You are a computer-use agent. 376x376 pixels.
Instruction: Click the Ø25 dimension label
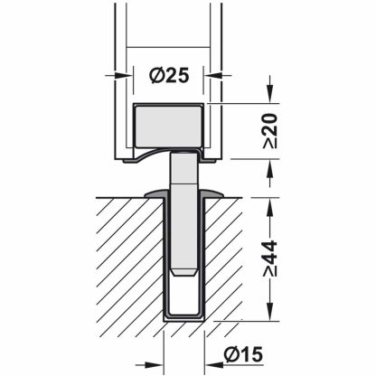pyautogui.click(x=169, y=75)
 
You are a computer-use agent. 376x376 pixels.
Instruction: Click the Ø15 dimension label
pyautogui.click(x=243, y=353)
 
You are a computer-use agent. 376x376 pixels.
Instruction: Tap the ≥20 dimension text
pyautogui.click(x=270, y=130)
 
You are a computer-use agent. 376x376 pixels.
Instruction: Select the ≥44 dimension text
pyautogui.click(x=270, y=258)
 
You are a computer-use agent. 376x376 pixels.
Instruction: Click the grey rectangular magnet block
pyautogui.click(x=169, y=126)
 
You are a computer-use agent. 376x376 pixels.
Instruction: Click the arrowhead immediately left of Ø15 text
pyautogui.click(x=212, y=365)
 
